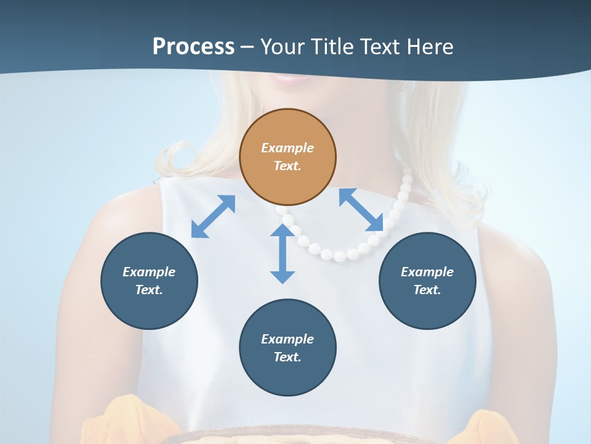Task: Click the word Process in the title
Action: pyautogui.click(x=193, y=46)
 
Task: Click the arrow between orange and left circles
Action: pyautogui.click(x=213, y=216)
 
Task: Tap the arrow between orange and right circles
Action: pyautogui.click(x=361, y=210)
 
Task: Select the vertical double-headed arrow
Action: pyautogui.click(x=283, y=253)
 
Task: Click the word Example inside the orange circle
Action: pyautogui.click(x=287, y=148)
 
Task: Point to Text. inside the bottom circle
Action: pyautogui.click(x=287, y=357)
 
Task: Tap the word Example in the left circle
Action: pyautogui.click(x=149, y=272)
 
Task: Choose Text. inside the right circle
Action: pyautogui.click(x=427, y=290)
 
